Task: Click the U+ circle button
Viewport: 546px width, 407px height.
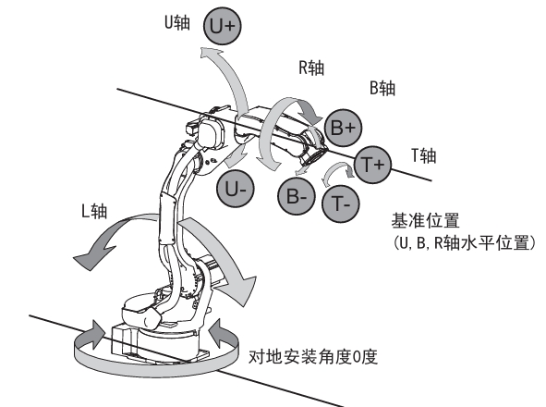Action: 222,26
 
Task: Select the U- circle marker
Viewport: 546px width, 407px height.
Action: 236,189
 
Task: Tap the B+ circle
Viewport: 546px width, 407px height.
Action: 344,128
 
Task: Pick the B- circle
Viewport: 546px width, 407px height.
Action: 297,196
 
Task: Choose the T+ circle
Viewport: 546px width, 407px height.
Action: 373,165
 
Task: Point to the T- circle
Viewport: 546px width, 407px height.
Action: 341,203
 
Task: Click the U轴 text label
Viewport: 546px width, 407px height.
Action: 177,23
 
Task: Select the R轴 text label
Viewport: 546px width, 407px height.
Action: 311,68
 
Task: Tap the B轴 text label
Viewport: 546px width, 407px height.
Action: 382,88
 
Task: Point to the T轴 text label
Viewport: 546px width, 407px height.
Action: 424,155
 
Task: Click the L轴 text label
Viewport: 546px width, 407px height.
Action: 94,211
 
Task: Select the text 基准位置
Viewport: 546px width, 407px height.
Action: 426,220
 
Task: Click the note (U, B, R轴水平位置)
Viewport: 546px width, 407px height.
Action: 464,242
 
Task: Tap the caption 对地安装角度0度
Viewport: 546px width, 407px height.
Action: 313,357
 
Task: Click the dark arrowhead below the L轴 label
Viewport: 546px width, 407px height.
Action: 94,256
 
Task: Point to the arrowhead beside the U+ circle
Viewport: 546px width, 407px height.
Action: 211,54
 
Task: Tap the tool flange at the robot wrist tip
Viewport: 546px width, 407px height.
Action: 314,156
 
